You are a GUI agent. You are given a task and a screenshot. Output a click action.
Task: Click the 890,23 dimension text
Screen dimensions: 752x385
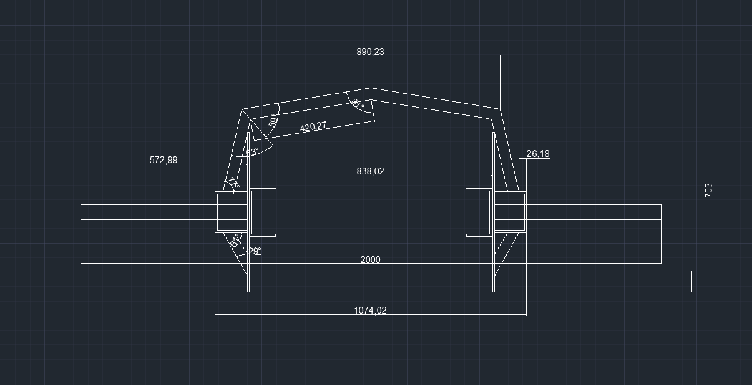click(370, 52)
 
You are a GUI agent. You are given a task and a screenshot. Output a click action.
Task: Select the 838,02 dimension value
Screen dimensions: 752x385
click(370, 171)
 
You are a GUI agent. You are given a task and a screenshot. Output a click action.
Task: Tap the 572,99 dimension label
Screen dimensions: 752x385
click(163, 160)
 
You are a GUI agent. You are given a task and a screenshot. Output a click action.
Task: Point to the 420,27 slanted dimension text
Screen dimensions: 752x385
click(313, 126)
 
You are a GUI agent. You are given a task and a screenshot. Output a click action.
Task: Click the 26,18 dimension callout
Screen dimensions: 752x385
click(538, 154)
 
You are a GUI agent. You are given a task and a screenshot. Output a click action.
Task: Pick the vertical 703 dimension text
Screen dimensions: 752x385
click(708, 191)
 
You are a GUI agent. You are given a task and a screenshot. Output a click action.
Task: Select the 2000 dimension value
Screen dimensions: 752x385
click(370, 260)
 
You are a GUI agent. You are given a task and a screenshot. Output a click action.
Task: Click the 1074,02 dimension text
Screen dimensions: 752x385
click(370, 311)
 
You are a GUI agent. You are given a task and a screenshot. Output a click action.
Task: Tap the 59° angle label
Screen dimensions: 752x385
click(273, 120)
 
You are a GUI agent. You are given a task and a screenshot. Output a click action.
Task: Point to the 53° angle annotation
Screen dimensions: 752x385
click(251, 152)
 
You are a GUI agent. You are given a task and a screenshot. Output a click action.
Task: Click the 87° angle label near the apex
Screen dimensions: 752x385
click(357, 103)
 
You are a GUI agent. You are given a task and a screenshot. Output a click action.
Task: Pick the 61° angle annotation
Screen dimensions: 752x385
click(237, 240)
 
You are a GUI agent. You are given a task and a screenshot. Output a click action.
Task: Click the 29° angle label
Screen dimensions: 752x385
click(255, 251)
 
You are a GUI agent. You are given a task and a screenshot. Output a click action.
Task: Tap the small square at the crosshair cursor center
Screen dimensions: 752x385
click(401, 279)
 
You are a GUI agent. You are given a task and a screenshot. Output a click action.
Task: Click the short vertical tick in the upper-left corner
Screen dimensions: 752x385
click(39, 64)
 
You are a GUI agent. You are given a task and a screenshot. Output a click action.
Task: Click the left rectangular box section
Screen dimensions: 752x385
click(232, 212)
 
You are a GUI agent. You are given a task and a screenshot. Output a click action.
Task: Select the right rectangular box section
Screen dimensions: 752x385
click(510, 212)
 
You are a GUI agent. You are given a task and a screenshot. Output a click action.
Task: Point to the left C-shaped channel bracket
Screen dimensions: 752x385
click(251, 212)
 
